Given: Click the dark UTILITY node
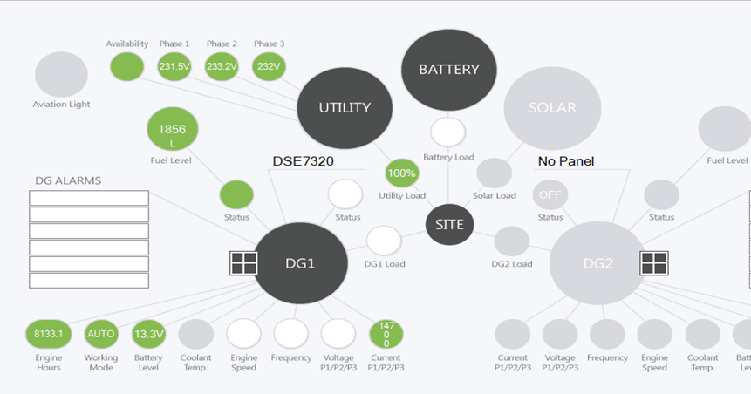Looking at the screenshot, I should coord(345,108).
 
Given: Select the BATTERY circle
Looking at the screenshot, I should coord(448,69).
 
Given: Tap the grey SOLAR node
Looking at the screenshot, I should coord(552,108).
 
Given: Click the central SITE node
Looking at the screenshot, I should coord(449,225).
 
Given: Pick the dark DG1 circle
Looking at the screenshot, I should coord(299,263).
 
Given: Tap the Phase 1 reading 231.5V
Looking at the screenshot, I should coord(174,66).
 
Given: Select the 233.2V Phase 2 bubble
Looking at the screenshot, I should coord(222,66).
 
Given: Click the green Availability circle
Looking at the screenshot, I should coord(126,66).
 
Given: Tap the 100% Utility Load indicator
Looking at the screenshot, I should coord(402,173).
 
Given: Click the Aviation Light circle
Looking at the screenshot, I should coord(61,74).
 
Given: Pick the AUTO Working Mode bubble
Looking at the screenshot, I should coord(100,334).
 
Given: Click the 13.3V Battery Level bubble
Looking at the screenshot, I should coord(148,334).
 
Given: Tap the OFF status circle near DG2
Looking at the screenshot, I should coord(550,194).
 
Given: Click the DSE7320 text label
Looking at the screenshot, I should coord(304,161).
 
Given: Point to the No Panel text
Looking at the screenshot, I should coord(565,161).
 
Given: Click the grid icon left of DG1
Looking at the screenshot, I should coord(242,263).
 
